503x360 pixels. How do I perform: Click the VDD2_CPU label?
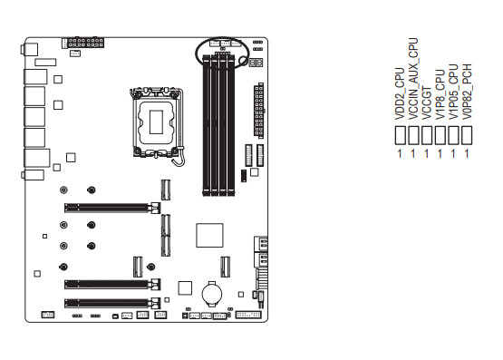[x=400, y=93]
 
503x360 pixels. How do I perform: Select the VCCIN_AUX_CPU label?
[x=413, y=79]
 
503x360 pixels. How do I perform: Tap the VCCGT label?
[x=427, y=102]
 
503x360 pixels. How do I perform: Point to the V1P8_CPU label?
[x=440, y=94]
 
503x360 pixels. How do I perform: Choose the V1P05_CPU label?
[x=453, y=92]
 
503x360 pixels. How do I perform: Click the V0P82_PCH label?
[x=467, y=92]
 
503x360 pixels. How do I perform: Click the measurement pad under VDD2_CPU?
[x=400, y=135]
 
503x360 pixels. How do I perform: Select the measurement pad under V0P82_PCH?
[x=467, y=135]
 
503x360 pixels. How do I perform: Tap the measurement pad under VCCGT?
[x=427, y=135]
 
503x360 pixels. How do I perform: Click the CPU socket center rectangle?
[x=156, y=122]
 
